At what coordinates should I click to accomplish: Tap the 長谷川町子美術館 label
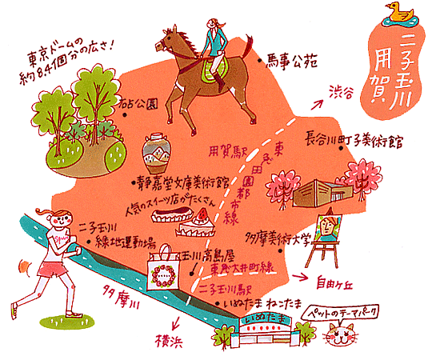(352, 141)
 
